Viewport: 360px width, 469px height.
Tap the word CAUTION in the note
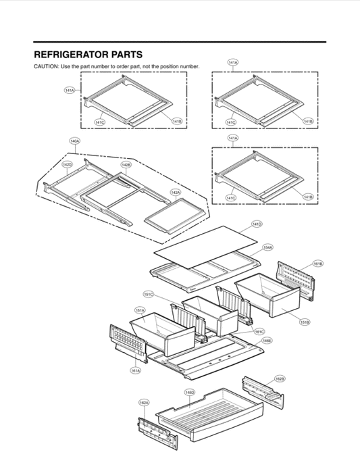[46, 66]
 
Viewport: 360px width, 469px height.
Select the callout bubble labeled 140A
[75, 141]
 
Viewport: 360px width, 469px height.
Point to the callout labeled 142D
[68, 164]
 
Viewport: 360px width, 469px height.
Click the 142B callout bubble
[126, 164]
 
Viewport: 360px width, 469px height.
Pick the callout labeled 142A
[175, 193]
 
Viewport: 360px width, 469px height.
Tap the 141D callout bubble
[257, 224]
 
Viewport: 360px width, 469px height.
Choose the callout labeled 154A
[267, 248]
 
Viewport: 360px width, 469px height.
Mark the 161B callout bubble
[318, 263]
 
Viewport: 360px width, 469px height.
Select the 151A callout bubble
[140, 311]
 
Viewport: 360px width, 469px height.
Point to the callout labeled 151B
[305, 322]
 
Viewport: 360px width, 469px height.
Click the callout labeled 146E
[267, 341]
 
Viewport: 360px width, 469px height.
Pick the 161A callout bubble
[135, 370]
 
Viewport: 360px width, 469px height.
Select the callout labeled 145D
[190, 392]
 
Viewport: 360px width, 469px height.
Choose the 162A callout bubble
[144, 402]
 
